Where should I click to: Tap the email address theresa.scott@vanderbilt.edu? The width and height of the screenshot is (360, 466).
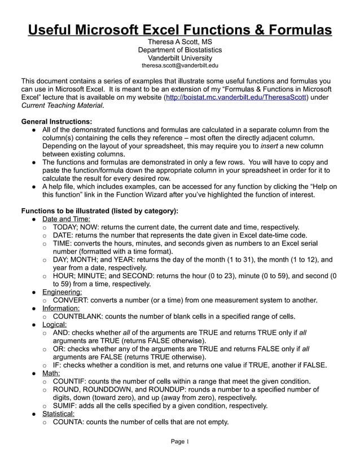point(180,65)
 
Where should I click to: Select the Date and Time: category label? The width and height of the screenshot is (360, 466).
point(66,219)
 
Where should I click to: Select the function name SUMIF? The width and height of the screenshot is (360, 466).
point(64,406)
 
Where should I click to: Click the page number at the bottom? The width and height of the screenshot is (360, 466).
point(180,442)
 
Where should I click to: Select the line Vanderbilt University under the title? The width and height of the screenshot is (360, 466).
point(180,58)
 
